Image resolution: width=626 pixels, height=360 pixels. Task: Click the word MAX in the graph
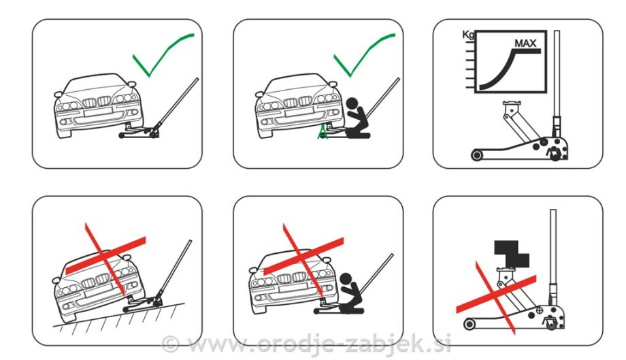pyautogui.click(x=525, y=43)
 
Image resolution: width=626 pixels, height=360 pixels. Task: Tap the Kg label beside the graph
pyautogui.click(x=468, y=35)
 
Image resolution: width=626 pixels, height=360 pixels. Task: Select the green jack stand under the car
pyautogui.click(x=323, y=132)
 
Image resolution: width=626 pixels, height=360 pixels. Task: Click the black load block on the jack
pyautogui.click(x=511, y=255)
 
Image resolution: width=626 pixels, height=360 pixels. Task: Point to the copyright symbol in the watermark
pyautogui.click(x=171, y=344)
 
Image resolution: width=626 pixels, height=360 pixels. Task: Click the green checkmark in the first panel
pyautogui.click(x=163, y=55)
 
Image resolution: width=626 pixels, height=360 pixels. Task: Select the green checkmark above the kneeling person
pyautogui.click(x=364, y=55)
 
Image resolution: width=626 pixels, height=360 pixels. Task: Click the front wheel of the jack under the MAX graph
pyautogui.click(x=477, y=154)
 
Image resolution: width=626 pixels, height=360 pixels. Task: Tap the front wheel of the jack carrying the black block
pyautogui.click(x=470, y=323)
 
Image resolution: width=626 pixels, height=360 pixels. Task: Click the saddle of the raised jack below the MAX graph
pyautogui.click(x=512, y=104)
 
